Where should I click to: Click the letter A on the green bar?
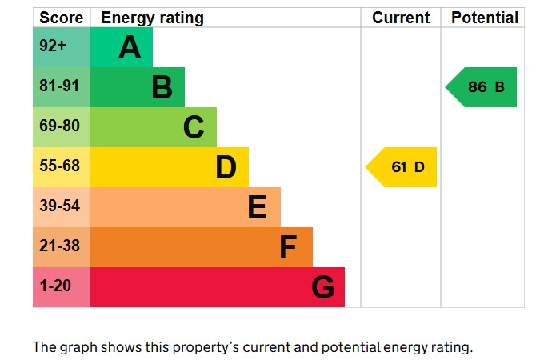click(130, 48)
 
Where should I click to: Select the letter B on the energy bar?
click(162, 87)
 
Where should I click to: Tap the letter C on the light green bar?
click(194, 127)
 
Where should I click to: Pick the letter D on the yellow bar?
click(226, 167)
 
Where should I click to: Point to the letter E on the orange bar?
click(257, 207)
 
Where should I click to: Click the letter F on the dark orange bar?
click(288, 247)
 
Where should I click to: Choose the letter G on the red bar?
click(322, 287)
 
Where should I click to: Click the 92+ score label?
click(53, 46)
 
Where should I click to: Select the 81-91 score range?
click(59, 86)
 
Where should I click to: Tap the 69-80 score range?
click(59, 126)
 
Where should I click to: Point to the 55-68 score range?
click(59, 166)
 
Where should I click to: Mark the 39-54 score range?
click(59, 206)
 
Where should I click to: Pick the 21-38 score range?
click(59, 246)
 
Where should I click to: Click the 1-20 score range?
click(54, 286)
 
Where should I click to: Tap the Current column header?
click(401, 18)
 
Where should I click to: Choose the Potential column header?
click(485, 18)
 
